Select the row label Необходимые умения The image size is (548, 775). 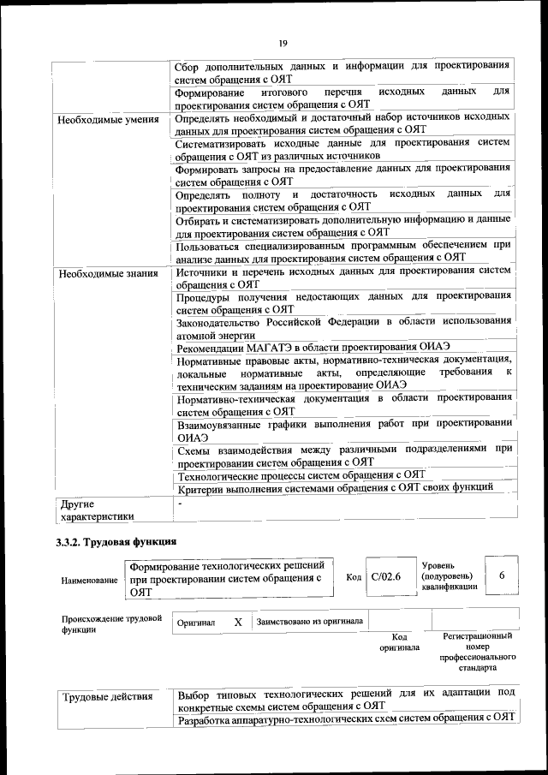click(x=108, y=119)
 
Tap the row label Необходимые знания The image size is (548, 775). click(x=108, y=274)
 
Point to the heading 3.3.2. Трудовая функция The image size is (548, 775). click(x=116, y=542)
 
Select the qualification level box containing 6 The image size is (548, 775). click(x=502, y=575)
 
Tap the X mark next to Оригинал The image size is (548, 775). click(x=238, y=622)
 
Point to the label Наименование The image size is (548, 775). click(x=89, y=581)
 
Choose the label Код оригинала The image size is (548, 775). click(x=399, y=642)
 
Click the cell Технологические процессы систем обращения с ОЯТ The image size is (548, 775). click(x=301, y=474)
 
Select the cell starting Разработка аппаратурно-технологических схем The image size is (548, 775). click(x=344, y=718)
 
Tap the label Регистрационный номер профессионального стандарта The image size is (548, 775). click(x=477, y=652)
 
